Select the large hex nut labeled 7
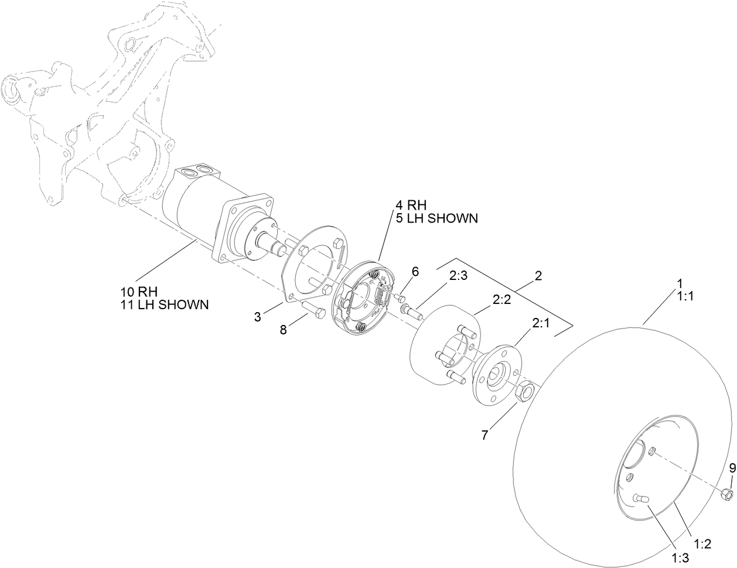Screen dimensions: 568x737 tap(525, 391)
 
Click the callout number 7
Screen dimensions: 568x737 tap(484, 435)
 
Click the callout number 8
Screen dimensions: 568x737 tap(284, 330)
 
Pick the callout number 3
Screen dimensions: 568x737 tap(258, 317)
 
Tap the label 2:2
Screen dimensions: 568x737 tap(502, 300)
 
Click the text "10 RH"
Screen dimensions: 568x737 tap(141, 292)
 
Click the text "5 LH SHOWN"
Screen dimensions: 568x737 tap(436, 218)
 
